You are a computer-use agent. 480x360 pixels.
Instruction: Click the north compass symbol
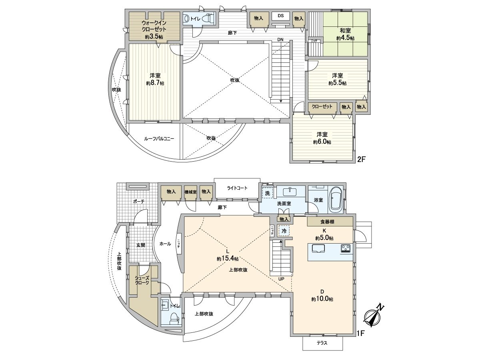click(373, 316)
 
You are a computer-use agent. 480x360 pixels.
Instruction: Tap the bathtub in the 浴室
click(335, 200)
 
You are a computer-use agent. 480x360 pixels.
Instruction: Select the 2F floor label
click(361, 159)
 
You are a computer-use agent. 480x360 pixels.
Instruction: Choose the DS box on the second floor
click(281, 16)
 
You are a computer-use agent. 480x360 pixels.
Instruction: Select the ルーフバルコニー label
click(159, 139)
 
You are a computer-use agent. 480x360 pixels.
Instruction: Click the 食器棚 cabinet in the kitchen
click(330, 221)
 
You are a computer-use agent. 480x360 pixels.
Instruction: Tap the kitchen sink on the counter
click(318, 249)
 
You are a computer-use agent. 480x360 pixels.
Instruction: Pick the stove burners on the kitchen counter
click(346, 249)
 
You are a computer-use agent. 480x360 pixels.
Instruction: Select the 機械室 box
click(190, 192)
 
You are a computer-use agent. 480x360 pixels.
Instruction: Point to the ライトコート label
click(238, 188)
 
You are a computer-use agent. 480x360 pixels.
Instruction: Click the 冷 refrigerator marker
click(284, 231)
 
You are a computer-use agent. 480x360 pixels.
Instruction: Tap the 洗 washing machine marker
click(267, 192)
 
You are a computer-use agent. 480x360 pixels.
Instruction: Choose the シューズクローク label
click(142, 280)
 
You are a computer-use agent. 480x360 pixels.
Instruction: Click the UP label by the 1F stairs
click(282, 279)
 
